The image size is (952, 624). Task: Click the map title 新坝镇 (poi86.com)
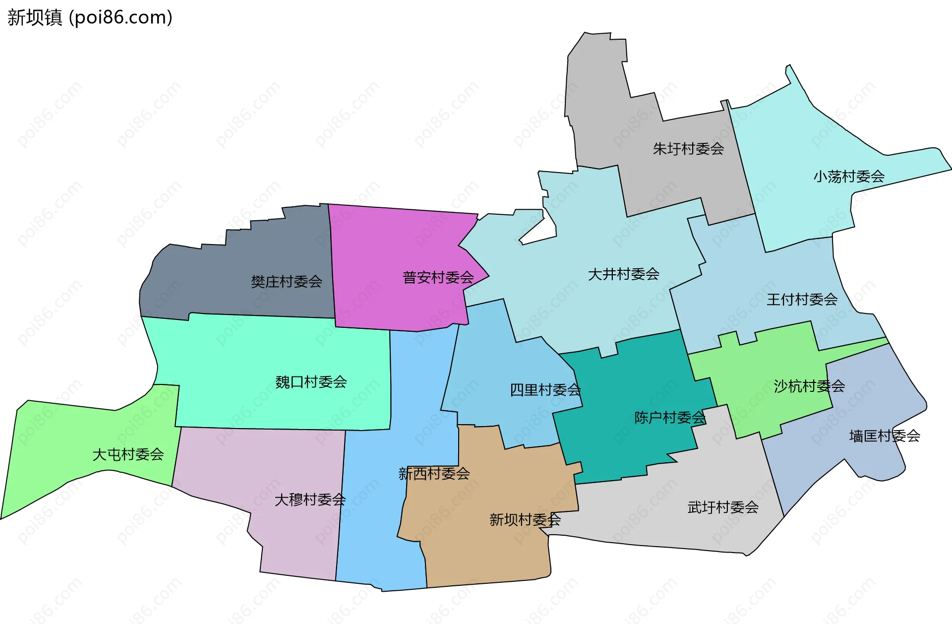[90, 17]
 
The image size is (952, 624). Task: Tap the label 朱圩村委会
[688, 149]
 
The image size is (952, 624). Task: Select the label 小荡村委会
[849, 177]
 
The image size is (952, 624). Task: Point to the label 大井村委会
[623, 274]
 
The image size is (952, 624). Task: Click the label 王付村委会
[802, 300]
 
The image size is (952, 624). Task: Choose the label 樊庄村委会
[286, 282]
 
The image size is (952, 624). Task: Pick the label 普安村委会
[438, 278]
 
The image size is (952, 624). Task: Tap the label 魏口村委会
[311, 382]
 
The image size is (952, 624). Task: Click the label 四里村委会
[545, 390]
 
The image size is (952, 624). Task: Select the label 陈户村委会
[670, 418]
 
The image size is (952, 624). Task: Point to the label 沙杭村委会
[809, 386]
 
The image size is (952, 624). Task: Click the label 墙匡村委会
[885, 436]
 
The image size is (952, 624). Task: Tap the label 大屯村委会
[128, 454]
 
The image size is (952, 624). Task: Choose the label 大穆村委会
[310, 499]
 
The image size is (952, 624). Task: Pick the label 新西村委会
[434, 474]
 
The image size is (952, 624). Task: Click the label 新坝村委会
[525, 520]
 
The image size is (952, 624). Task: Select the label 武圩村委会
[723, 507]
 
